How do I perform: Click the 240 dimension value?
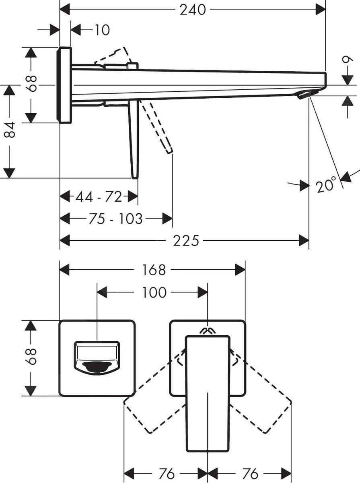click(192, 10)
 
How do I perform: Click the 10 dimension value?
click(102, 30)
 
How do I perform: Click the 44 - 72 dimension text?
click(99, 197)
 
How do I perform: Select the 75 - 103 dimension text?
click(115, 219)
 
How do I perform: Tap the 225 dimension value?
click(186, 241)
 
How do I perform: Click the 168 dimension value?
click(153, 270)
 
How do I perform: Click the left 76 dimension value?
click(167, 474)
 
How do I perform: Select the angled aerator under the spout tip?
click(304, 94)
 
